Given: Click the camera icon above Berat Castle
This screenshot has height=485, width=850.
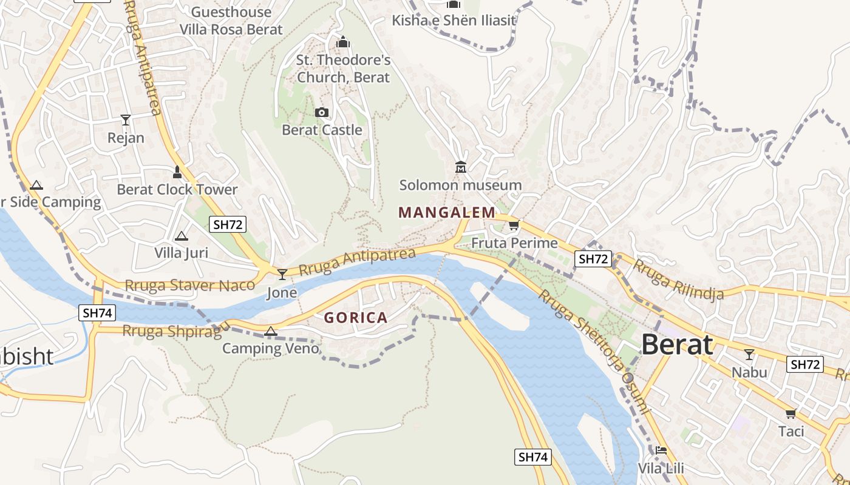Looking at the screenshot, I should (322, 112).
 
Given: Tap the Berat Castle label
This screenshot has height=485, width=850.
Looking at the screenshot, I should (322, 130).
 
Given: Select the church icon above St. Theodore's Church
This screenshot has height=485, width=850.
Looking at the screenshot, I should (343, 42).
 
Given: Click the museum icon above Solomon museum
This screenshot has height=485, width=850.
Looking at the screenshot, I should (460, 167).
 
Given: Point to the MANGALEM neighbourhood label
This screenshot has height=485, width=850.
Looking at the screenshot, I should (447, 212).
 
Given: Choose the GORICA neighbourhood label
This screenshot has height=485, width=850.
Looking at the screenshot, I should (356, 318).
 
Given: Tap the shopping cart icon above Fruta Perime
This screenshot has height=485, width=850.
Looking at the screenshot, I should (514, 226).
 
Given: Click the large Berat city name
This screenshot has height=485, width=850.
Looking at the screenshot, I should (676, 345).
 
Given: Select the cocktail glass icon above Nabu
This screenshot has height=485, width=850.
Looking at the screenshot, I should (749, 354).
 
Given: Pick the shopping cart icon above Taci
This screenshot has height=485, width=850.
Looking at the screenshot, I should (790, 413).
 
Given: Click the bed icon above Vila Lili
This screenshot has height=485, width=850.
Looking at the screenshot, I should (661, 450).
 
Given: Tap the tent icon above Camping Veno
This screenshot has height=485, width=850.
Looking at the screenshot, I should (271, 331).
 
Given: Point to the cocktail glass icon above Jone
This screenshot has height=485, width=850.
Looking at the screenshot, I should (282, 275).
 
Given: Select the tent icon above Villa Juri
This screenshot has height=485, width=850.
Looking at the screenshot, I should (181, 236).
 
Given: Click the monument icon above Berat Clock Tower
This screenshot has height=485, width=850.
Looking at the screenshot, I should (177, 172).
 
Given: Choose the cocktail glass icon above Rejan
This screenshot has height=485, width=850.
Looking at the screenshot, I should (126, 119).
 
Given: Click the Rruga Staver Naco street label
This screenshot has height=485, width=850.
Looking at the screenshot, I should (190, 285).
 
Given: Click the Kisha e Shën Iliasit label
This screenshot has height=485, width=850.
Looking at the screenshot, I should (454, 21).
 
